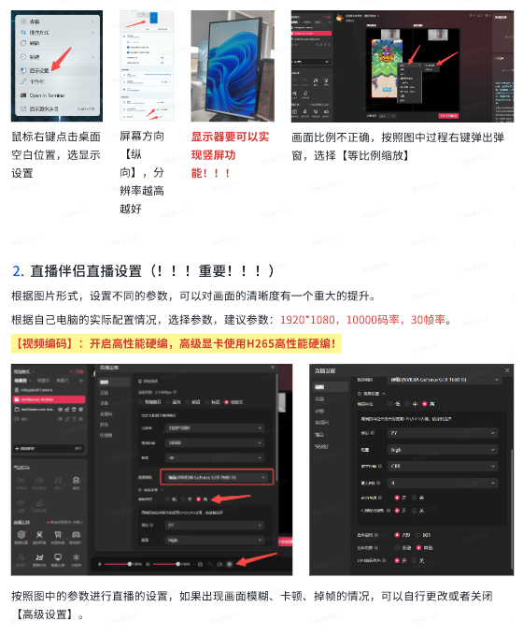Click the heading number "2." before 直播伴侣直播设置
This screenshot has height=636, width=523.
[x=18, y=271]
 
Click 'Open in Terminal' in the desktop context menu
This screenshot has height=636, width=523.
[x=51, y=94]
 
